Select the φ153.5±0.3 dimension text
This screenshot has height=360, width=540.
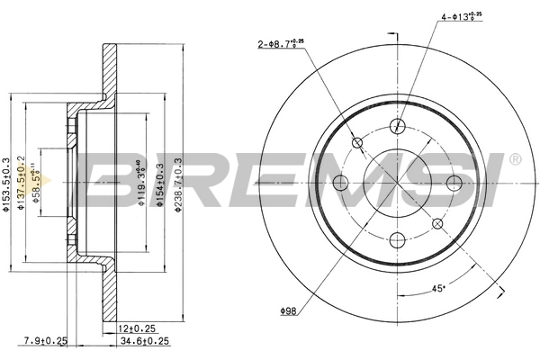7,184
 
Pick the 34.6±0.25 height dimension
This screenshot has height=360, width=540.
144,340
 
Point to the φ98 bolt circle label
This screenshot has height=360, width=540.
288,311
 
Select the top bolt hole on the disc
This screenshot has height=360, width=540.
397,127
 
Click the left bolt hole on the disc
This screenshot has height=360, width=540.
340,184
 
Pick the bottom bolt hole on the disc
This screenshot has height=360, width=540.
397,240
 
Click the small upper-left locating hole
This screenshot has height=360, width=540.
356,142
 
